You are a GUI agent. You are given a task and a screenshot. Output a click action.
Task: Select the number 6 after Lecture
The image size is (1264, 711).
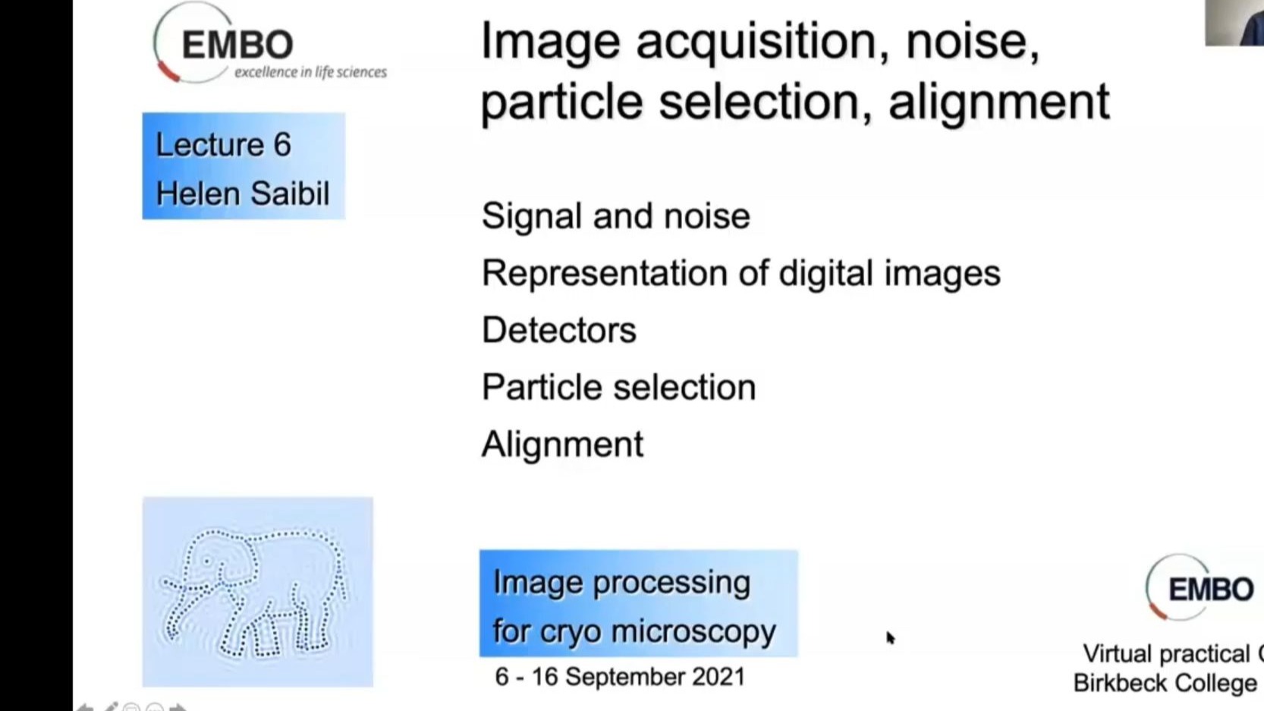(282, 145)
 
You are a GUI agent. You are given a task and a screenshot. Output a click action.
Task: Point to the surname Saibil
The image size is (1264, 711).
(290, 193)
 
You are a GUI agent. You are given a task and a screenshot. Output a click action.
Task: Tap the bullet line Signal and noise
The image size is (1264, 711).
(615, 216)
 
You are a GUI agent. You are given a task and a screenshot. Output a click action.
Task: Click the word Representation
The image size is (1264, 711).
(624, 274)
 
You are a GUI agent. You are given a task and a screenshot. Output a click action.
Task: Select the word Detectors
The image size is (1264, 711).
(558, 330)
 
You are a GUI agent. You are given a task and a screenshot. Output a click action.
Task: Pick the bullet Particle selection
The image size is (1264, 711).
(618, 387)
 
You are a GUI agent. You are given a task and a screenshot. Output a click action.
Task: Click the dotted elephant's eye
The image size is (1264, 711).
(207, 562)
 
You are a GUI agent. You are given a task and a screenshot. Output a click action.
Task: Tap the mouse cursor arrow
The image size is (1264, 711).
(891, 638)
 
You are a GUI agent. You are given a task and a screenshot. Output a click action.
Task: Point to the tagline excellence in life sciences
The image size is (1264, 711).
(311, 72)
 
